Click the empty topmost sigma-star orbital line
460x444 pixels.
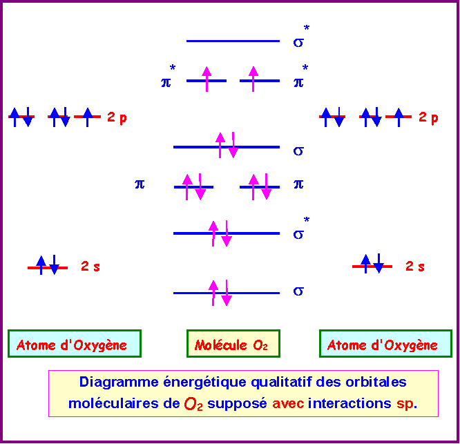(x=233, y=41)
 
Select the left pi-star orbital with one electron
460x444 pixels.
(x=207, y=81)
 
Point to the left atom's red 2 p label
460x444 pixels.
(x=117, y=117)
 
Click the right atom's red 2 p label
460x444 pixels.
(x=428, y=117)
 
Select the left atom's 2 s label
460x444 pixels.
(x=90, y=267)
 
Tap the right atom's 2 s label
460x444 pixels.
(x=414, y=267)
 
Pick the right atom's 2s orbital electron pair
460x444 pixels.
(x=372, y=266)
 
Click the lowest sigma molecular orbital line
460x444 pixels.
(x=226, y=293)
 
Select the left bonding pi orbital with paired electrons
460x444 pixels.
(x=193, y=186)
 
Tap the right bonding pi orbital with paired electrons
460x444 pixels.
(x=260, y=186)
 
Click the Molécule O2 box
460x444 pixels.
(x=233, y=344)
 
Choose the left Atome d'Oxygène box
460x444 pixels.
(x=75, y=344)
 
